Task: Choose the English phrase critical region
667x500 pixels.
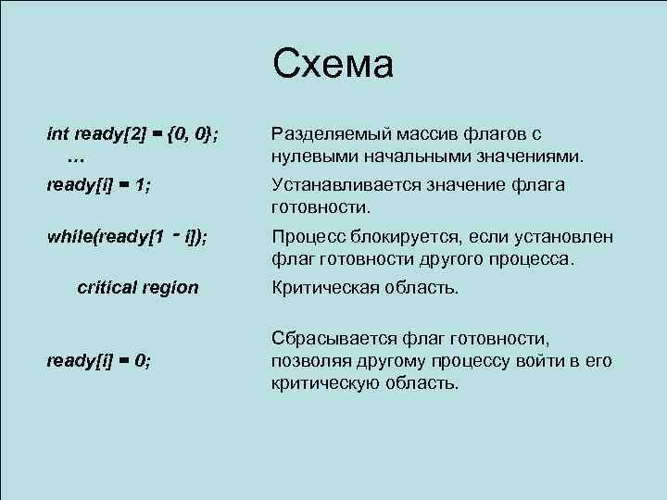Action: coord(137,287)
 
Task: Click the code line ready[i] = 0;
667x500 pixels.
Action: coord(99,360)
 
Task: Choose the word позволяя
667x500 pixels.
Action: coord(309,360)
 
